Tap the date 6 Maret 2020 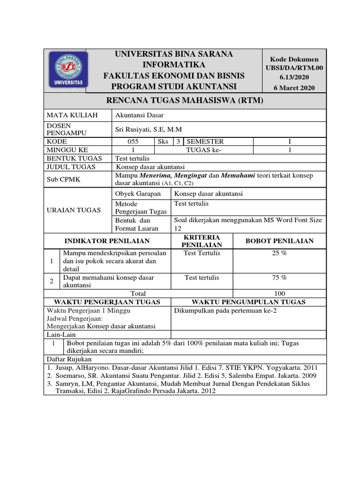[294, 88]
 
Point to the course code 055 [133, 142]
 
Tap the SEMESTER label [205, 142]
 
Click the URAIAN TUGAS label [74, 210]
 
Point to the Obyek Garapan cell [138, 194]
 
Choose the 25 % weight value [280, 253]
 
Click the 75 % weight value [280, 277]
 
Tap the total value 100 [280, 293]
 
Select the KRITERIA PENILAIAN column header [202, 241]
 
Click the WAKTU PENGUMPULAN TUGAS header [248, 301]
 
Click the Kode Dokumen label [294, 60]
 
